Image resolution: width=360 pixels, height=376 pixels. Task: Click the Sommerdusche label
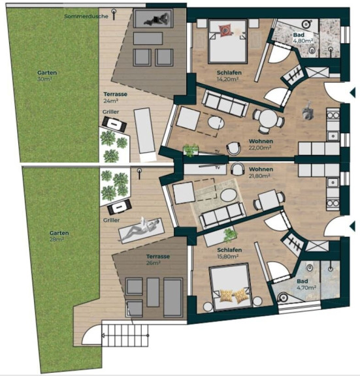pyautogui.click(x=86, y=16)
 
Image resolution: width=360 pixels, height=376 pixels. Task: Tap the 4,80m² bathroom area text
pyautogui.click(x=303, y=40)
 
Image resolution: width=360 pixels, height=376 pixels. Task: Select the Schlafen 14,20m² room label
pyautogui.click(x=229, y=76)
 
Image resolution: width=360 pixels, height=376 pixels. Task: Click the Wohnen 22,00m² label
pyautogui.click(x=261, y=144)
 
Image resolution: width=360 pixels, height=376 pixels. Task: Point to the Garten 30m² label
pyautogui.click(x=47, y=76)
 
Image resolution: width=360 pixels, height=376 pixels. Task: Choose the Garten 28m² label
pyautogui.click(x=59, y=236)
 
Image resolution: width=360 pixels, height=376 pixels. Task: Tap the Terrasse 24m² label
pyautogui.click(x=115, y=97)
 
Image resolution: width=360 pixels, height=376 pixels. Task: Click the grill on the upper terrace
pyautogui.click(x=114, y=124)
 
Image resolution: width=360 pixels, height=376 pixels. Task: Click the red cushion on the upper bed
pyautogui.click(x=225, y=30)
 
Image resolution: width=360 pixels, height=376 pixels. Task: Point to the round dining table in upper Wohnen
pyautogui.click(x=269, y=119)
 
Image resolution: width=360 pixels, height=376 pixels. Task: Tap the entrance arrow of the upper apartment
pyautogui.click(x=352, y=93)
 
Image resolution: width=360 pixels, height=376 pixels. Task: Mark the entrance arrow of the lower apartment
pyautogui.click(x=352, y=226)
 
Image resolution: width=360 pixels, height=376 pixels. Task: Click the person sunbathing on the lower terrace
pyautogui.click(x=141, y=229)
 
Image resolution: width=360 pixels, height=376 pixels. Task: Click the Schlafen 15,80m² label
pyautogui.click(x=229, y=253)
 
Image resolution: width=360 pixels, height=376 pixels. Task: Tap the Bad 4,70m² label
pyautogui.click(x=306, y=284)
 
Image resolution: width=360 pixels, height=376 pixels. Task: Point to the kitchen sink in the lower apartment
pyautogui.click(x=333, y=183)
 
